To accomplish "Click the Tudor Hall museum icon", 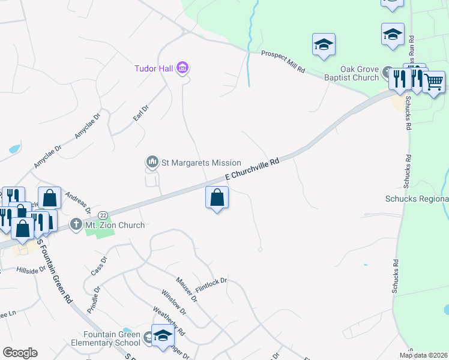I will coord(183,68).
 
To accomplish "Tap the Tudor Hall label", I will coord(154,68).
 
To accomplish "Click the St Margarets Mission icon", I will coord(152,162).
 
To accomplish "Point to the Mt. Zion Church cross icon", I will coord(76,225).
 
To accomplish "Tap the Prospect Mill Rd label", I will coord(283,62).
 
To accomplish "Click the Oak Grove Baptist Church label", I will coord(360,73).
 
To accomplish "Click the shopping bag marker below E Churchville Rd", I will coord(217,197).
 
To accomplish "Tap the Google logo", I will coord(20,353).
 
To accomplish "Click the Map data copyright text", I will coord(423,355).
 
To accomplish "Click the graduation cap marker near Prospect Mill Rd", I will coord(324,44).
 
